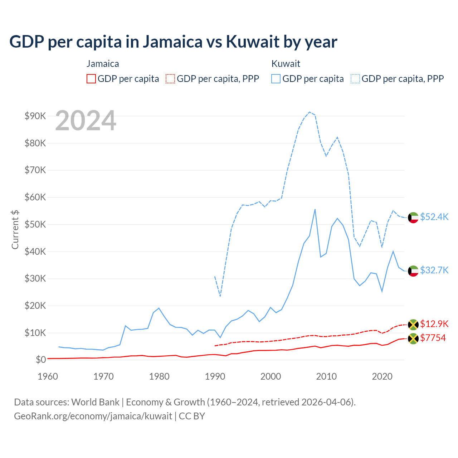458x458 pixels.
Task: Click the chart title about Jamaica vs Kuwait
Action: click(173, 42)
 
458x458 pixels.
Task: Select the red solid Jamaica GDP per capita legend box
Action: click(91, 79)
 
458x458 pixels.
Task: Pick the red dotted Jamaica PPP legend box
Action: click(170, 79)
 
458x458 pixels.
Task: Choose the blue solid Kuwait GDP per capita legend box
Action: click(276, 79)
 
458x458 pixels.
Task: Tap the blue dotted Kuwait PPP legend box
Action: click(355, 79)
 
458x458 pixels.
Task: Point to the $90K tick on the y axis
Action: click(35, 116)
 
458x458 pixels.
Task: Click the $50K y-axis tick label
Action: click(35, 224)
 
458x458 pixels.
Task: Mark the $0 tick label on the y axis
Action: click(41, 360)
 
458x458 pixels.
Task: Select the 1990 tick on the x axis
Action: click(215, 376)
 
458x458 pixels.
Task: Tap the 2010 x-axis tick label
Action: click(326, 376)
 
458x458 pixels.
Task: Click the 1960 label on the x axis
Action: click(48, 376)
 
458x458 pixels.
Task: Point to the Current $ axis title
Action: click(15, 229)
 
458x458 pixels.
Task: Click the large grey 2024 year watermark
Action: click(86, 121)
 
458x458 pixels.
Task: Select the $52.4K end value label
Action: click(434, 217)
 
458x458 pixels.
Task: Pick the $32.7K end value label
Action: click(434, 270)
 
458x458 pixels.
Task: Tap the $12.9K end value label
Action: click(434, 324)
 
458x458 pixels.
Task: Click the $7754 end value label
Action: click(433, 338)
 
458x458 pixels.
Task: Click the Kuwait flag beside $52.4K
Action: click(413, 217)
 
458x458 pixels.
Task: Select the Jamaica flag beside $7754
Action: click(413, 338)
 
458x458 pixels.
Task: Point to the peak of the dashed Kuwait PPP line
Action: click(310, 112)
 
